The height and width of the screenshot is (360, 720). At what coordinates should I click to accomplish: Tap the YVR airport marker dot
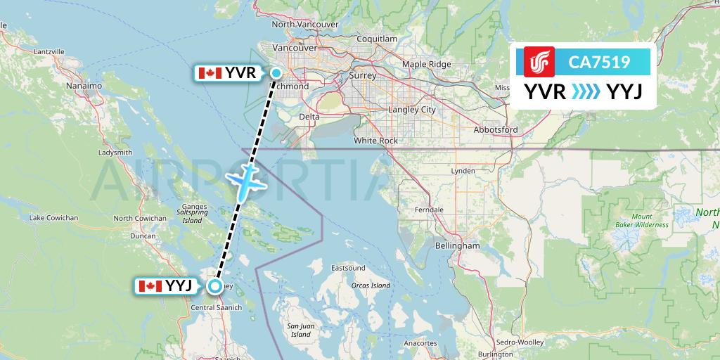(x=276, y=73)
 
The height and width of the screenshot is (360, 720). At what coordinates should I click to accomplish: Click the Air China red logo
(x=539, y=62)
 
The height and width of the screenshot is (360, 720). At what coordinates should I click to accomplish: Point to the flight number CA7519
(x=599, y=63)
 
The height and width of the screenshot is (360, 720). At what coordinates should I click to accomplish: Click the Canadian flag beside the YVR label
(x=210, y=73)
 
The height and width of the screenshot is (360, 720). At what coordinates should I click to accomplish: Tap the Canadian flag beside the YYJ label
(x=150, y=285)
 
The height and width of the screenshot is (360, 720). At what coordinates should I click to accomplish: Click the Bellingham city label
(x=457, y=246)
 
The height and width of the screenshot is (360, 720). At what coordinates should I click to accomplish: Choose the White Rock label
(x=375, y=141)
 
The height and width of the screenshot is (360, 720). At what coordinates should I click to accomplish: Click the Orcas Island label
(x=371, y=285)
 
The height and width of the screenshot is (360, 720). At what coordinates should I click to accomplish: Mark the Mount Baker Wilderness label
(x=641, y=221)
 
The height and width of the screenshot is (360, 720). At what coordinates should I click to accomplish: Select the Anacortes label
(x=421, y=342)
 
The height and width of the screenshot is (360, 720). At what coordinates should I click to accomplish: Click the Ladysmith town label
(x=115, y=152)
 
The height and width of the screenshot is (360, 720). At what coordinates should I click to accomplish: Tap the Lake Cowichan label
(x=53, y=218)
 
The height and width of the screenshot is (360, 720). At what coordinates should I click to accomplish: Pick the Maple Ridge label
(x=426, y=65)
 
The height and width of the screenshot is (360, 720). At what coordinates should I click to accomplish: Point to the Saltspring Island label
(x=192, y=217)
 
